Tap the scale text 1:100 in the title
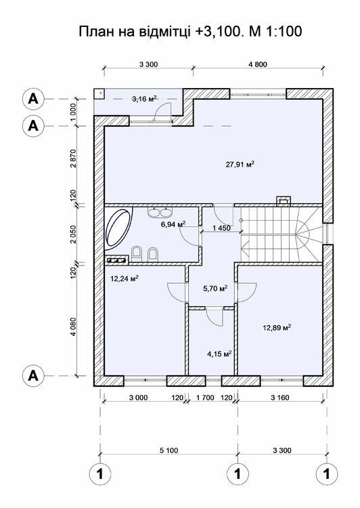click(x=284, y=31)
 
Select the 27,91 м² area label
click(x=240, y=165)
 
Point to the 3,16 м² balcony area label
click(x=144, y=98)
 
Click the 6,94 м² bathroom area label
click(x=173, y=224)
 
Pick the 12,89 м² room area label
click(x=277, y=328)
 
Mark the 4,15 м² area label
click(x=219, y=354)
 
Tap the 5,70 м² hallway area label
click(x=215, y=288)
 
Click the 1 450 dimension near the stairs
click(x=221, y=228)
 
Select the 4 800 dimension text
click(x=258, y=64)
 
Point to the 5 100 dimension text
click(x=168, y=450)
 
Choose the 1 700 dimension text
click(x=205, y=397)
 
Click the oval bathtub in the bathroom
click(x=119, y=229)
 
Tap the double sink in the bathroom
click(x=160, y=212)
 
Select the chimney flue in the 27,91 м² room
click(x=284, y=200)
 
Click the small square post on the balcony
click(x=99, y=93)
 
